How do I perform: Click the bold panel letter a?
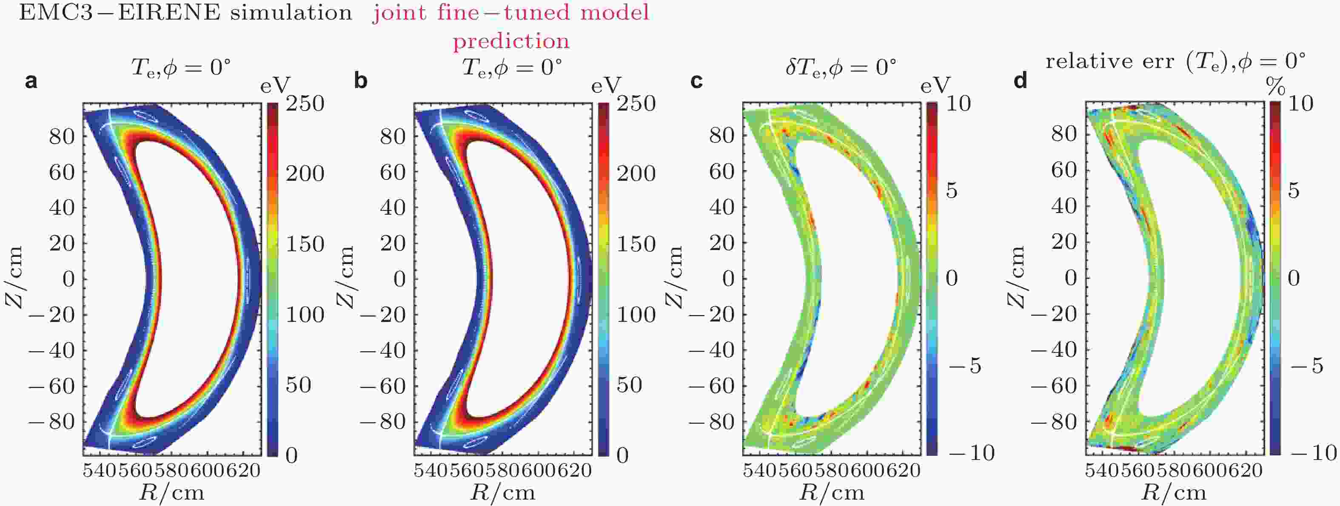click(x=31, y=82)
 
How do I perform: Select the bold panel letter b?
click(x=360, y=81)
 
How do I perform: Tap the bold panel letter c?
click(x=696, y=81)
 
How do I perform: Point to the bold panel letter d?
click(x=1021, y=81)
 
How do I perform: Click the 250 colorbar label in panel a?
click(x=305, y=103)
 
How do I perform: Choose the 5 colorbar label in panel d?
click(x=1294, y=190)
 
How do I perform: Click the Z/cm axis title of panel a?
click(x=14, y=278)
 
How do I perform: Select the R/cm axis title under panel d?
click(x=1174, y=492)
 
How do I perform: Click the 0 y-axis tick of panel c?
click(x=728, y=279)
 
